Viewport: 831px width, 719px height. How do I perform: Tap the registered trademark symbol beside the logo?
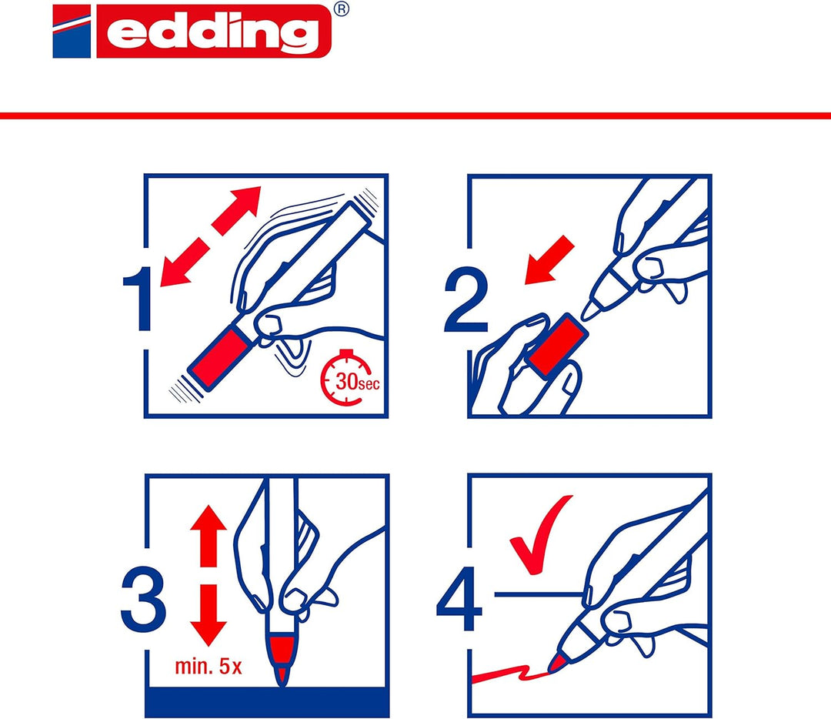click(x=342, y=10)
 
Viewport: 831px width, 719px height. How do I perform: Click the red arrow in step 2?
click(x=549, y=259)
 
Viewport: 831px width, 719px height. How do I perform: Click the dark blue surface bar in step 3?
click(x=266, y=702)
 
